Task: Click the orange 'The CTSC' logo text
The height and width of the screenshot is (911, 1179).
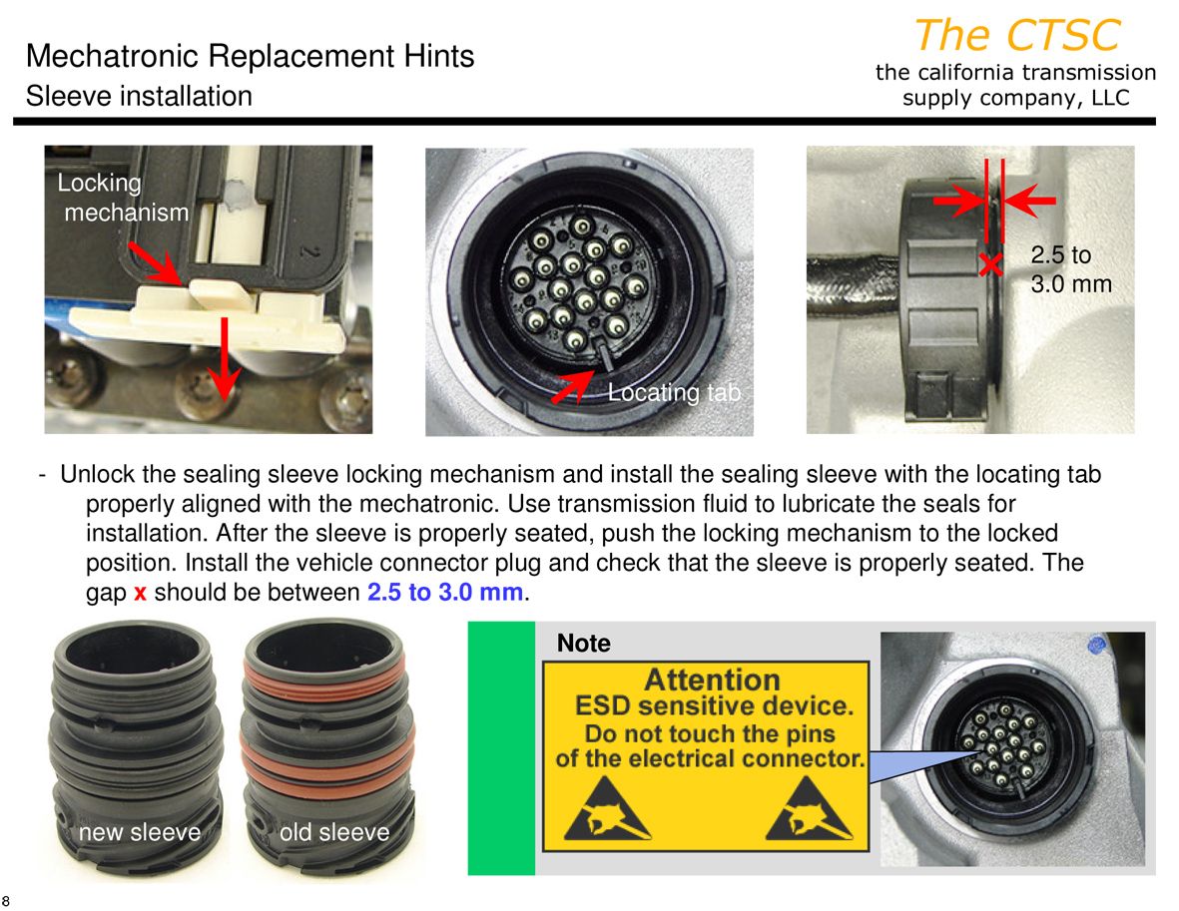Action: click(x=1017, y=35)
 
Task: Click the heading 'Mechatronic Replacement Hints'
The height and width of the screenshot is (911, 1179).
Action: click(x=250, y=56)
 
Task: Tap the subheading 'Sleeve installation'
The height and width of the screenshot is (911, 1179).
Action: click(x=139, y=96)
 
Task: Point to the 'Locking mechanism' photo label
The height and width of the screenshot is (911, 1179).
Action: click(x=124, y=198)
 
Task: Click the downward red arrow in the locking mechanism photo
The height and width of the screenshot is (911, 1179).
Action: click(x=224, y=357)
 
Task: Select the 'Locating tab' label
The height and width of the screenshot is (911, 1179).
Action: click(x=675, y=392)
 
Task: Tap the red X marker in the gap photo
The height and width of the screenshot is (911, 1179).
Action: click(x=991, y=263)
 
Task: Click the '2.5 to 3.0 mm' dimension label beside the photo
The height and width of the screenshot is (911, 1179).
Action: click(x=1071, y=269)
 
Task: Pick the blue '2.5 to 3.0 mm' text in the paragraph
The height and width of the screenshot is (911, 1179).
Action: click(x=445, y=593)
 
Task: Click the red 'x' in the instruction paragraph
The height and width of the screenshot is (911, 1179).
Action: click(x=140, y=593)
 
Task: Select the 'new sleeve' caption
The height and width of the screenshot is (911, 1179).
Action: click(x=140, y=832)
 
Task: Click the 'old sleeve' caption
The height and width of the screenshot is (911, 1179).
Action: click(x=334, y=832)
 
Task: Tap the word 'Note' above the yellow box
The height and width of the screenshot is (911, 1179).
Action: click(x=583, y=644)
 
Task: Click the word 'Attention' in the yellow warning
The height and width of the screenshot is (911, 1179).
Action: click(x=712, y=680)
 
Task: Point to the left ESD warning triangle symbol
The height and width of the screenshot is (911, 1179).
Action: click(x=607, y=810)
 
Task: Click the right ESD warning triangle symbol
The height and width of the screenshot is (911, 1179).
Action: click(x=809, y=810)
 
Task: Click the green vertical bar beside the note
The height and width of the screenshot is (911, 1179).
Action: click(x=501, y=748)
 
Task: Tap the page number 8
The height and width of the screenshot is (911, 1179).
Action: click(x=6, y=901)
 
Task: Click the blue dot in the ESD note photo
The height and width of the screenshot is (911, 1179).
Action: click(x=1097, y=645)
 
